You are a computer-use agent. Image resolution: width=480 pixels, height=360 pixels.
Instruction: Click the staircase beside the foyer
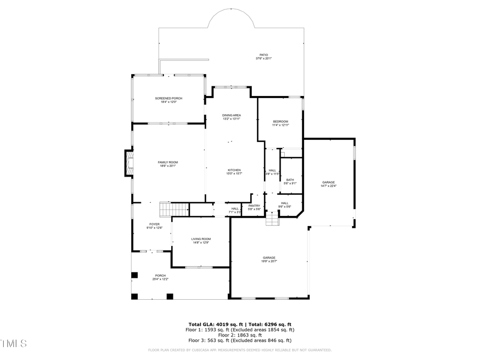(x=174, y=210)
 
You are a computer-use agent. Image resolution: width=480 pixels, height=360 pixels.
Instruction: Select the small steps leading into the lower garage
(x=273, y=220)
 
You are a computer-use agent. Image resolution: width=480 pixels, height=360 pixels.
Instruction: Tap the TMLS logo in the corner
(x=13, y=342)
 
